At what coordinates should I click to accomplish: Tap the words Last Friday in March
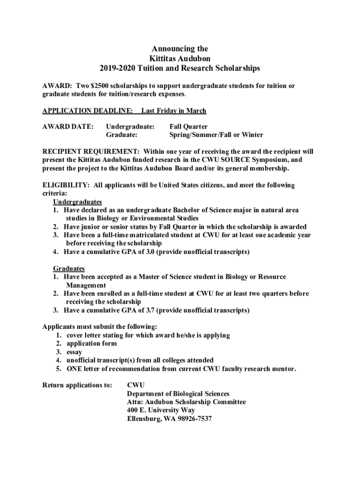coord(173,111)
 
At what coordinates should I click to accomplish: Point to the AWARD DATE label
coord(68,126)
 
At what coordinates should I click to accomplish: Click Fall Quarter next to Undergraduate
coord(188,126)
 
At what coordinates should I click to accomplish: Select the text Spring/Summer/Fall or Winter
coord(216,135)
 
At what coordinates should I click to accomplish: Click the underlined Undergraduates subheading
coord(77,202)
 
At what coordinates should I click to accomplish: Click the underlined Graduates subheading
coord(69,269)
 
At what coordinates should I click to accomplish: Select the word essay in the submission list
coord(74,352)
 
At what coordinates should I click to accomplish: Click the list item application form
coord(92,343)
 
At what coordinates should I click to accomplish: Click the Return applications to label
coord(77,385)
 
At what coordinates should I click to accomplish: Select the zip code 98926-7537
coord(194,419)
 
